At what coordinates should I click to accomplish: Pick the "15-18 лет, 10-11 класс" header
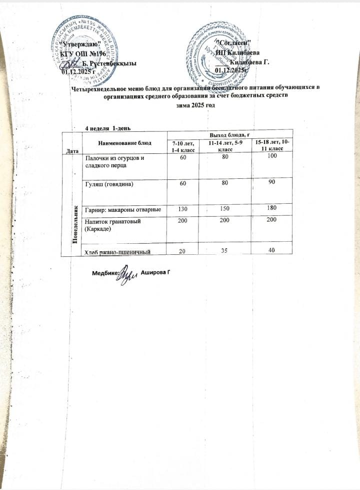point(271,146)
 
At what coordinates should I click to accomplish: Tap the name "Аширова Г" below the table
point(156,273)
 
